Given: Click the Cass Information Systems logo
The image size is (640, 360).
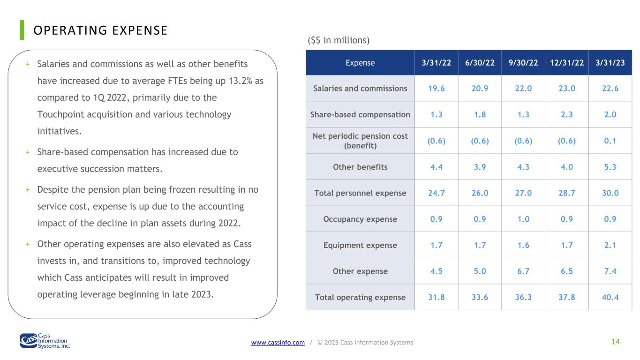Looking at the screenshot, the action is (x=45, y=341).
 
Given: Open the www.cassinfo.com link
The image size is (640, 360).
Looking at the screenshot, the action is (x=278, y=342).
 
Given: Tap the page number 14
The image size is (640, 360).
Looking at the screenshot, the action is (x=616, y=342).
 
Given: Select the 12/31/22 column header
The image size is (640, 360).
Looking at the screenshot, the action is (x=567, y=62).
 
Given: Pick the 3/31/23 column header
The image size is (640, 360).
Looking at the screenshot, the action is (x=610, y=62).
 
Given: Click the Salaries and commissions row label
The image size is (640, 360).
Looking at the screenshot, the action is (x=360, y=88).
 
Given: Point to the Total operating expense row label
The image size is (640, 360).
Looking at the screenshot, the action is (x=360, y=297).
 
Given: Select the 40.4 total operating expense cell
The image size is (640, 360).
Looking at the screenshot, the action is (x=610, y=297).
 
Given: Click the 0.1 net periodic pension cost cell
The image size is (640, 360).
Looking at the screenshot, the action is (x=610, y=141).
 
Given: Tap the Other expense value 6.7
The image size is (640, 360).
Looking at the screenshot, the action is (x=523, y=271).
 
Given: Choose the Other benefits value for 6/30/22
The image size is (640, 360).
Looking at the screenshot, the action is (x=480, y=167).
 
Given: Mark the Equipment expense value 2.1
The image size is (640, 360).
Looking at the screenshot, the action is (x=610, y=245).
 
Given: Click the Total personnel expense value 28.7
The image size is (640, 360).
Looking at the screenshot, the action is (x=567, y=193).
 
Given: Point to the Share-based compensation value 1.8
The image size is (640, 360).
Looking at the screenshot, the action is (x=480, y=114).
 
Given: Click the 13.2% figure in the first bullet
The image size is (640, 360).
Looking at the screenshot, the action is (x=240, y=81).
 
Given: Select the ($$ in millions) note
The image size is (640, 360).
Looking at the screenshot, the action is (x=339, y=40).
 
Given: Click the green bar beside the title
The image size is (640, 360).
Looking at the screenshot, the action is (x=22, y=30).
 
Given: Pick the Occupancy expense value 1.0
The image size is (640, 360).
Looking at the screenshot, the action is (x=523, y=219).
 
